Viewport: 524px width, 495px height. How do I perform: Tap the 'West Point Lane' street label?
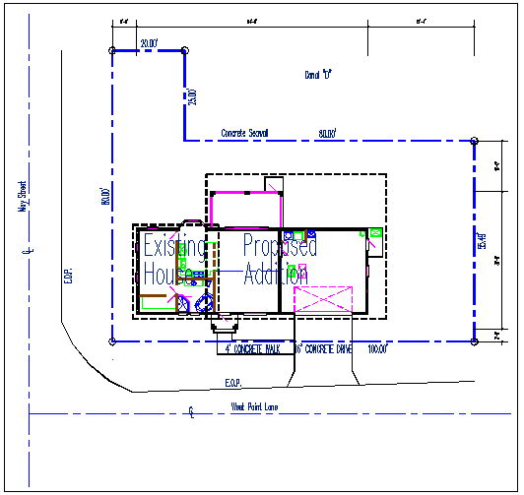tap(255, 406)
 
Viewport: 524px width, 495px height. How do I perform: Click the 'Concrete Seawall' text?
tap(244, 133)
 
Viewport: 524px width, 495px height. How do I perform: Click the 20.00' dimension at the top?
tap(150, 43)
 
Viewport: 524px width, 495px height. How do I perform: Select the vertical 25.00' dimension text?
tap(193, 96)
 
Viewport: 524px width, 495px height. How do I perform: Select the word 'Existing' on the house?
tap(175, 246)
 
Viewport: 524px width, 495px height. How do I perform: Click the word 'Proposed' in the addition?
tap(281, 246)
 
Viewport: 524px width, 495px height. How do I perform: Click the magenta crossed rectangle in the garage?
tap(323, 300)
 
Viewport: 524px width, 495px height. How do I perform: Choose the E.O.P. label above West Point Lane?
tap(232, 383)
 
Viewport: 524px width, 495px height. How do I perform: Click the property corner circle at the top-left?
tap(113, 50)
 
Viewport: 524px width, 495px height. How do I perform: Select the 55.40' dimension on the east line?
tap(483, 242)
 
